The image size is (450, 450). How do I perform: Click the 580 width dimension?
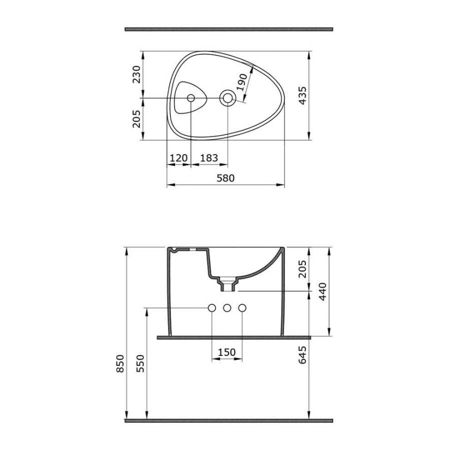pyautogui.click(x=225, y=178)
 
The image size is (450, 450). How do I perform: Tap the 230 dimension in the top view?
pyautogui.click(x=136, y=74)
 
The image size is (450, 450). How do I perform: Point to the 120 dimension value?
pyautogui.click(x=178, y=158)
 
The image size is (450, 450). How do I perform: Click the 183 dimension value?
pyautogui.click(x=209, y=158)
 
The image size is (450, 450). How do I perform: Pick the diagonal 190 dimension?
pyautogui.click(x=241, y=82)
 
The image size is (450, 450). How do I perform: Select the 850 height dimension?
pyautogui.click(x=120, y=363)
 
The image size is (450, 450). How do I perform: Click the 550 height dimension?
pyautogui.click(x=140, y=363)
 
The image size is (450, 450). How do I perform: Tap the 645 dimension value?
pyautogui.click(x=302, y=355)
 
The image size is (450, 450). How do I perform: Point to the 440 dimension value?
pyautogui.click(x=323, y=291)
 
